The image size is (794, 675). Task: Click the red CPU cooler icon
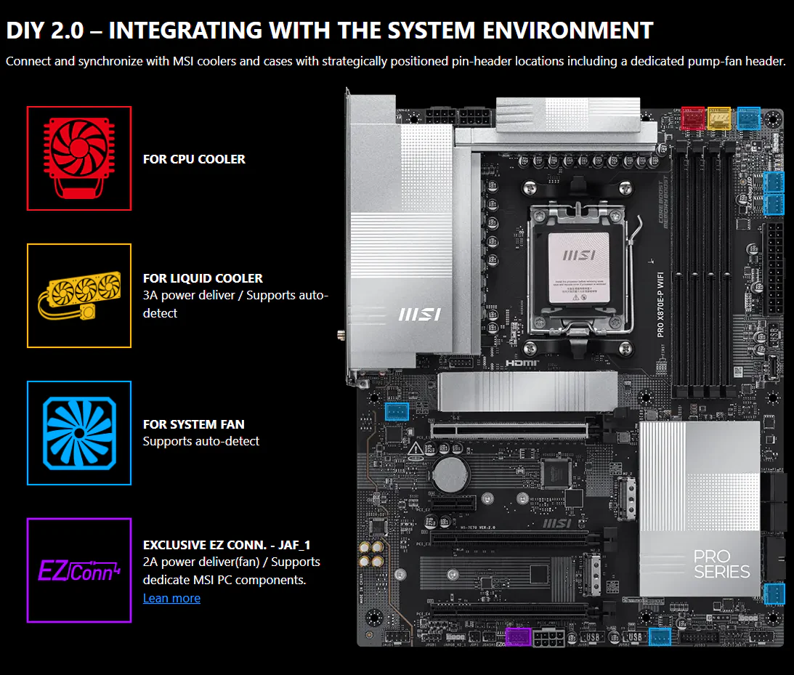pos(79,158)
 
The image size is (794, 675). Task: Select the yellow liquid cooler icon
pos(79,296)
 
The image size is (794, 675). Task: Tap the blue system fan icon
pos(79,433)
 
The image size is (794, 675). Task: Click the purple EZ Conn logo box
pos(79,570)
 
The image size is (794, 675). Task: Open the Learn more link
pos(171,598)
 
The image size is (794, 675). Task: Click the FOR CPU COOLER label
pos(194,159)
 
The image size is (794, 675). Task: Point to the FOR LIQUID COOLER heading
pos(203,278)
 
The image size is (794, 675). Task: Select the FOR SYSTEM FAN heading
pos(193,424)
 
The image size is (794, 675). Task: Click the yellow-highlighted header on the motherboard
pos(718,118)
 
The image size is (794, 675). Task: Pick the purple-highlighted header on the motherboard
pos(518,637)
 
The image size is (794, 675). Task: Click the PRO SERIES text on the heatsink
pos(721,564)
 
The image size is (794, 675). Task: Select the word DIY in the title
pos(28,31)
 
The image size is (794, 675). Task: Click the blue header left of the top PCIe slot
pos(397,412)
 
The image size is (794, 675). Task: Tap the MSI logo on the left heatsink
pos(420,315)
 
